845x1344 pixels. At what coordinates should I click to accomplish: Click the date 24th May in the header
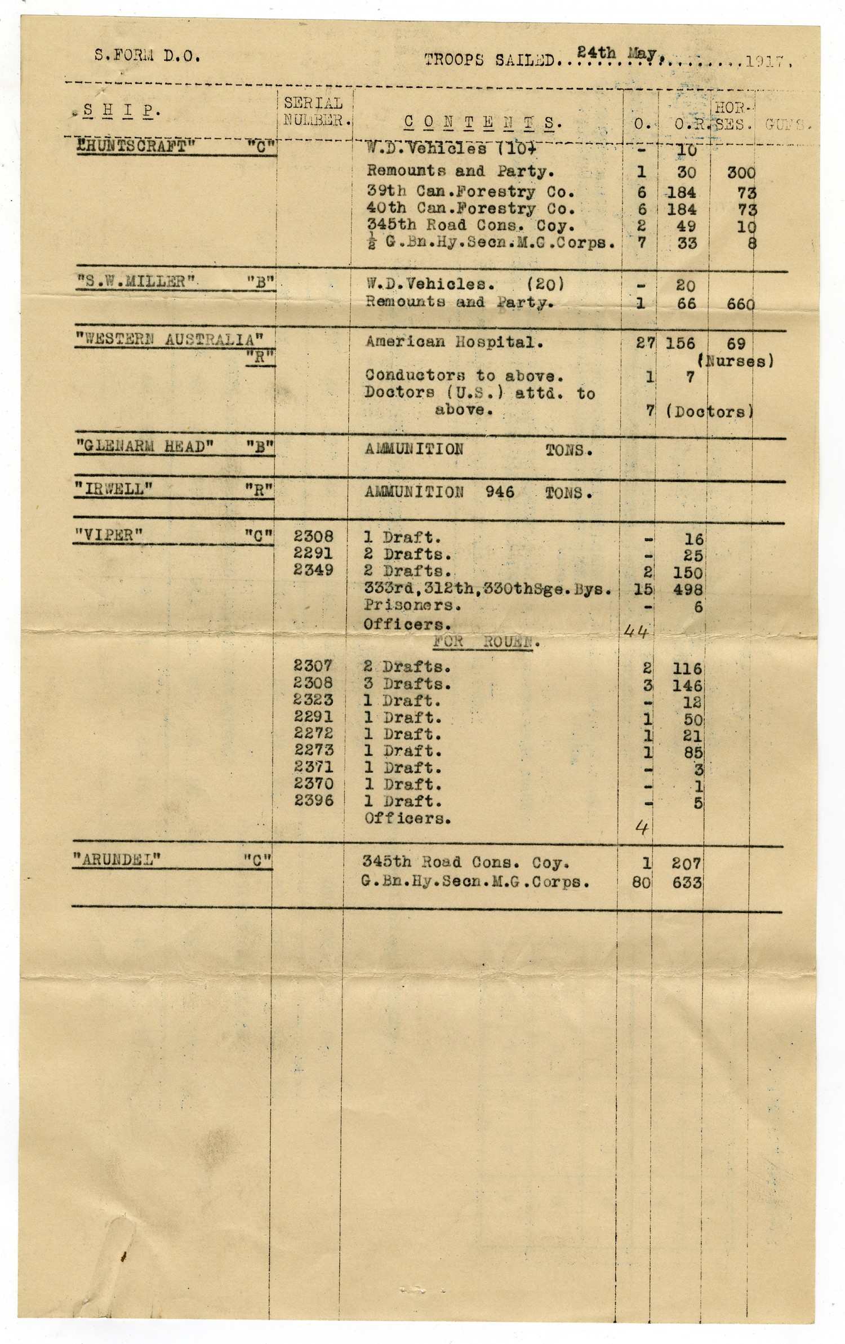[x=617, y=54]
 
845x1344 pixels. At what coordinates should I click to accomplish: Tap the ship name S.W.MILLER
[x=136, y=282]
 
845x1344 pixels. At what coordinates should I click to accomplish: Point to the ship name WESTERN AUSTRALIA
[x=168, y=340]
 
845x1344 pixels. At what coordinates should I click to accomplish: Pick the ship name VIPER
[x=108, y=534]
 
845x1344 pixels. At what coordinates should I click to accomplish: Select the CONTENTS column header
[x=482, y=122]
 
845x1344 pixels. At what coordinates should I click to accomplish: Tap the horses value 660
[x=740, y=304]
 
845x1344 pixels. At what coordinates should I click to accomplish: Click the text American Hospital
[x=455, y=341]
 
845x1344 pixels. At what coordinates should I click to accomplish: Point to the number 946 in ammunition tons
[x=500, y=492]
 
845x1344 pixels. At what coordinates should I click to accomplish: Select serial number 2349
[x=313, y=570]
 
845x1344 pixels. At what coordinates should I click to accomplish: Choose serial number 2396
[x=314, y=800]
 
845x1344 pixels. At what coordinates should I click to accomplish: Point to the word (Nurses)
[x=735, y=361]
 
